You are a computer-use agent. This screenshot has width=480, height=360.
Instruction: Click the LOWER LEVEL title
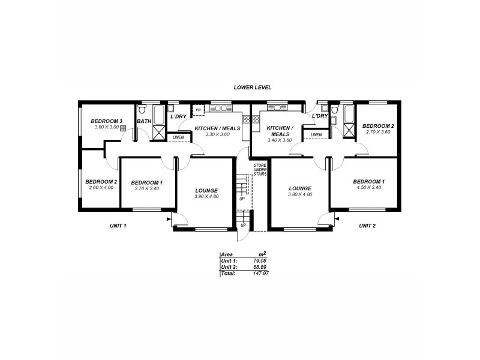[x=253, y=88]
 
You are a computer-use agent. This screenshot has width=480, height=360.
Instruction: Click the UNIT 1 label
[x=117, y=226]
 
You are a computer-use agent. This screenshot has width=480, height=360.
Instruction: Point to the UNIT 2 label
[x=367, y=226]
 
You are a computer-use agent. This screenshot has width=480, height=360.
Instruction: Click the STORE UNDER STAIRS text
[x=259, y=170]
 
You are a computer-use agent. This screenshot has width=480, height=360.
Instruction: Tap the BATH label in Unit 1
[x=144, y=121]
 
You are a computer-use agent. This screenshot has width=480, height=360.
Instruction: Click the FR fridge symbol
[x=198, y=110]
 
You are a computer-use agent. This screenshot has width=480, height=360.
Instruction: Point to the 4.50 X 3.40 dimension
[x=368, y=187]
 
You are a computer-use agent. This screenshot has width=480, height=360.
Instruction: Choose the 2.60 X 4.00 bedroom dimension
[x=100, y=188]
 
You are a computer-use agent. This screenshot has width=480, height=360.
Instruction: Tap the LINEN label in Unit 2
[x=316, y=135]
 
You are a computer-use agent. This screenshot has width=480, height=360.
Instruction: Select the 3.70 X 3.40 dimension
[x=146, y=188]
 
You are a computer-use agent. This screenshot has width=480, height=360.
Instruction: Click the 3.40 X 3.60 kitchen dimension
[x=279, y=140]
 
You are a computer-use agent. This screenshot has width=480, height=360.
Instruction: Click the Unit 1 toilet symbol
[x=142, y=110]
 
